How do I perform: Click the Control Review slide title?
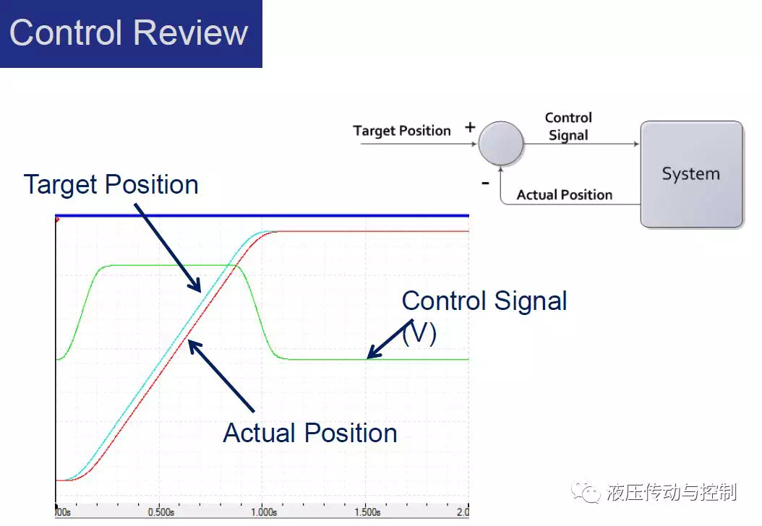click(129, 33)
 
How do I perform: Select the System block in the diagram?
click(692, 174)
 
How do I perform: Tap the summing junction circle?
click(501, 143)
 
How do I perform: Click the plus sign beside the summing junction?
click(470, 128)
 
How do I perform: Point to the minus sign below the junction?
click(485, 183)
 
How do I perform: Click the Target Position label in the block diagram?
click(402, 131)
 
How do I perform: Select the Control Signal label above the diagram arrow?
click(568, 126)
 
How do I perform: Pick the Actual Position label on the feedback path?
click(564, 195)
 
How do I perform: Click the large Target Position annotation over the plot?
click(111, 185)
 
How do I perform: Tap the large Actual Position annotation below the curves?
click(310, 433)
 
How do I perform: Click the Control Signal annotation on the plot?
click(484, 301)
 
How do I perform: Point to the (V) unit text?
click(419, 334)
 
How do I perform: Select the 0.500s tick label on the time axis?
click(160, 512)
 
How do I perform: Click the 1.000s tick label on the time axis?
click(264, 512)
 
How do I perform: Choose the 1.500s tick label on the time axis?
click(367, 512)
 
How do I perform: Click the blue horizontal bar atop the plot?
click(262, 215)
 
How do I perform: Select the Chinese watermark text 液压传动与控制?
click(672, 493)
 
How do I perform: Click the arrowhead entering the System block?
click(636, 144)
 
